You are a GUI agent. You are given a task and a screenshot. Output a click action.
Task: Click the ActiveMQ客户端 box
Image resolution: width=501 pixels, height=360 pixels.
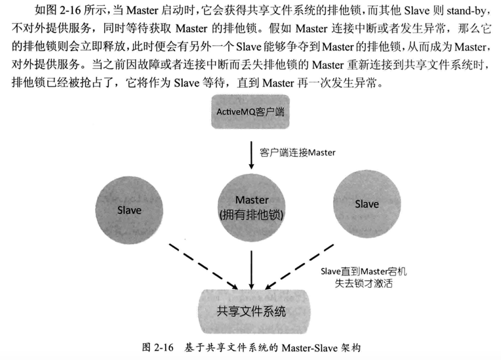click(250, 111)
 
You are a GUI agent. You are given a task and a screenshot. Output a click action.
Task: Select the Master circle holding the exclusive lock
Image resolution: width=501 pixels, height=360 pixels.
click(251, 208)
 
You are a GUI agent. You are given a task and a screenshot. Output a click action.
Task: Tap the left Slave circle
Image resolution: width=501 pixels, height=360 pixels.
click(129, 210)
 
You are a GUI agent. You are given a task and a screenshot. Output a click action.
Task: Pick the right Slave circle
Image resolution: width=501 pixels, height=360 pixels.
click(367, 204)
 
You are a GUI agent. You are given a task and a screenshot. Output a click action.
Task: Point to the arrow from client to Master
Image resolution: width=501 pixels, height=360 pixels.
click(251, 155)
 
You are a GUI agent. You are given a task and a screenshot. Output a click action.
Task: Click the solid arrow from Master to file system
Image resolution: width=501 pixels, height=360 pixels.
click(251, 270)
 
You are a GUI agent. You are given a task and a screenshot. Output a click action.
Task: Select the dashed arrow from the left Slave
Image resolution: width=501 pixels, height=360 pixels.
click(203, 266)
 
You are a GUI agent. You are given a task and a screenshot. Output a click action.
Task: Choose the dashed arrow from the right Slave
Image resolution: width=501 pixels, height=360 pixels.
click(300, 267)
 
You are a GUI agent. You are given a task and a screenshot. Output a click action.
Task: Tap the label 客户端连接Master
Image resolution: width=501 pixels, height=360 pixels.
click(298, 153)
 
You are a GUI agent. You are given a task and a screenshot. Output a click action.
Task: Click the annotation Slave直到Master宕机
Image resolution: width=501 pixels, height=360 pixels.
click(363, 271)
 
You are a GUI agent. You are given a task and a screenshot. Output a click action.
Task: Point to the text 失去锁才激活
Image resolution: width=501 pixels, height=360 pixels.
click(363, 283)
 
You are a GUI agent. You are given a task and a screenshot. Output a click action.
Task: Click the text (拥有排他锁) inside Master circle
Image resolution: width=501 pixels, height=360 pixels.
click(251, 214)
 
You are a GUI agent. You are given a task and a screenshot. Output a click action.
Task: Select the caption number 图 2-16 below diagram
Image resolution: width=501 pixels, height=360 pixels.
click(157, 348)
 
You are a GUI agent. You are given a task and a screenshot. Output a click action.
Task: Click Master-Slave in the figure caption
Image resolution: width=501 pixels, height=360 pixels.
click(310, 348)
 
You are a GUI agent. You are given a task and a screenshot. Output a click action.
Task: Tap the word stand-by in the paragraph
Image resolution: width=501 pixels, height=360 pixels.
click(466, 11)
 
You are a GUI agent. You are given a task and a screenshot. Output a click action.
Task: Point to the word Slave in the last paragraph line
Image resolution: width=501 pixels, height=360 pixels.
click(187, 83)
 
